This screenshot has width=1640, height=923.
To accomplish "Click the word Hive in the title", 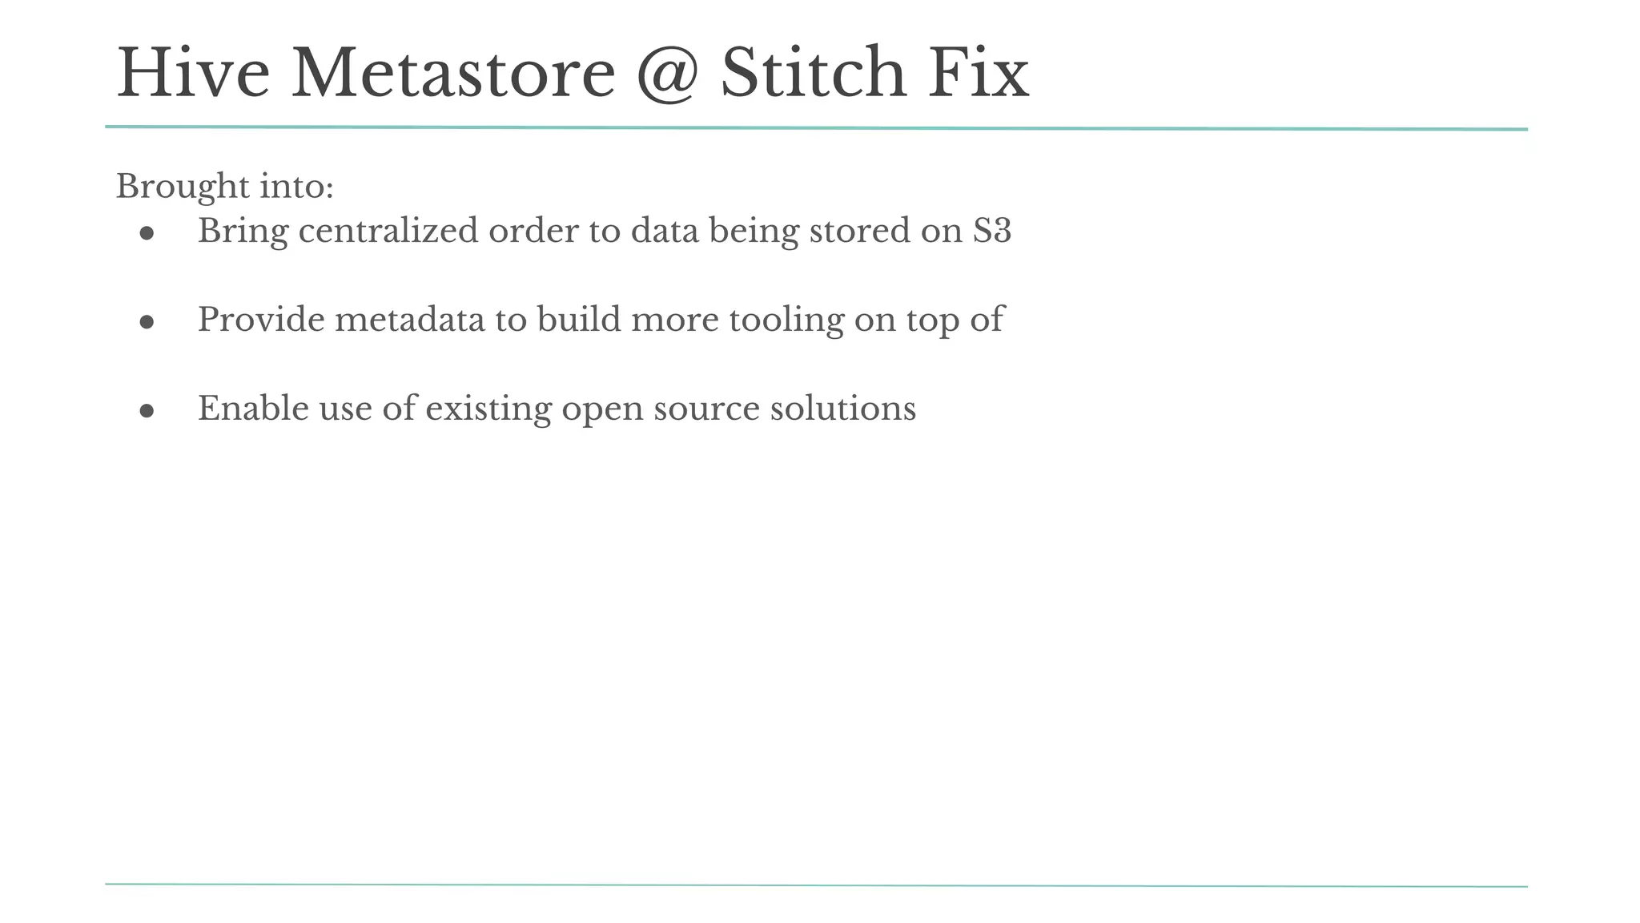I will tap(193, 74).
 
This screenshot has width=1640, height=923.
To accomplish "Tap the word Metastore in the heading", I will tap(453, 74).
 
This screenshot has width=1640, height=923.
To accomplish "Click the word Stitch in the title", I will tap(813, 74).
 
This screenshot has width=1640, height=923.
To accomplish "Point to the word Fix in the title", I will tap(978, 74).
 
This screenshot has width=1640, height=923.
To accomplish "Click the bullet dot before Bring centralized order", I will tap(147, 233).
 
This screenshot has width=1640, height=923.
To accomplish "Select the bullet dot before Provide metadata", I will tap(147, 322).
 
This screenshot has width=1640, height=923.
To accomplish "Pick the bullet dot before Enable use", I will tap(147, 411).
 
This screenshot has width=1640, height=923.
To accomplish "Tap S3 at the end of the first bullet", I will tap(992, 231).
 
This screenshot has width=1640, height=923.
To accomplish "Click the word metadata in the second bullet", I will tap(409, 320).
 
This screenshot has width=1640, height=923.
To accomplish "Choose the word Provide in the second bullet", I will tap(261, 320).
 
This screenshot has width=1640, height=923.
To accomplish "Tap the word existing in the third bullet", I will tap(488, 409).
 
